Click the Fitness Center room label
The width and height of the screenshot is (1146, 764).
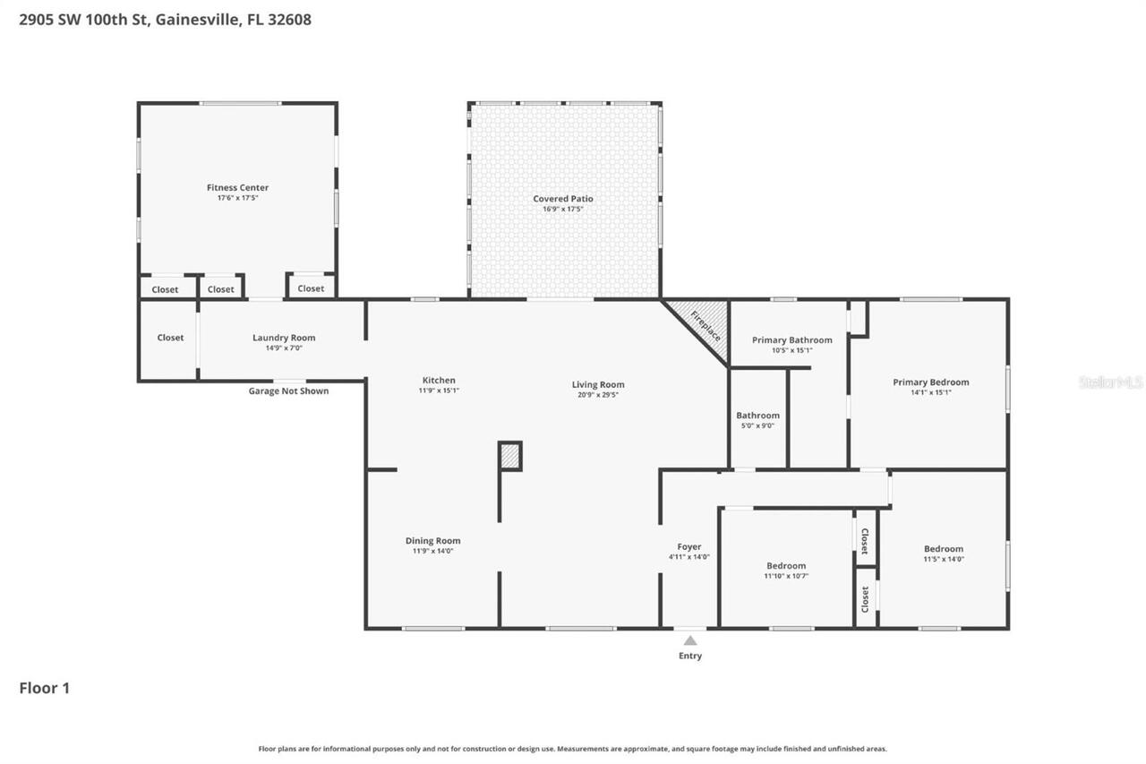pyautogui.click(x=237, y=187)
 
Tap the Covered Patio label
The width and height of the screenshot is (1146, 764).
pyautogui.click(x=563, y=199)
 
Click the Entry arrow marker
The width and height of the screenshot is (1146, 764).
pyautogui.click(x=689, y=640)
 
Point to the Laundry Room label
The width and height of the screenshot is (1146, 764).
pyautogui.click(x=284, y=338)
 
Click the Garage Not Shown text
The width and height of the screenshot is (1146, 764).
pyautogui.click(x=288, y=391)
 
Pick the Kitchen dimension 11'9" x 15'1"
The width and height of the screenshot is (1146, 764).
pyautogui.click(x=439, y=391)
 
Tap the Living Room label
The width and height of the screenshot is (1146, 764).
pyautogui.click(x=598, y=385)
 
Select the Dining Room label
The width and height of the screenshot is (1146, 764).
pyautogui.click(x=432, y=541)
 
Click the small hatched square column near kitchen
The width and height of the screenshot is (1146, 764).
pyautogui.click(x=509, y=456)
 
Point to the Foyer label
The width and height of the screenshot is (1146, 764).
pyautogui.click(x=688, y=546)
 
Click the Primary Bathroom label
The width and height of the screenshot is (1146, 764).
pyautogui.click(x=791, y=340)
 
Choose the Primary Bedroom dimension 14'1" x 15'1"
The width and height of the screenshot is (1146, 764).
pyautogui.click(x=930, y=392)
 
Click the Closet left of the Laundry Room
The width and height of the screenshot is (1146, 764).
pyautogui.click(x=170, y=338)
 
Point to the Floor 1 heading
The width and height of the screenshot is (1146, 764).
pyautogui.click(x=44, y=688)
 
